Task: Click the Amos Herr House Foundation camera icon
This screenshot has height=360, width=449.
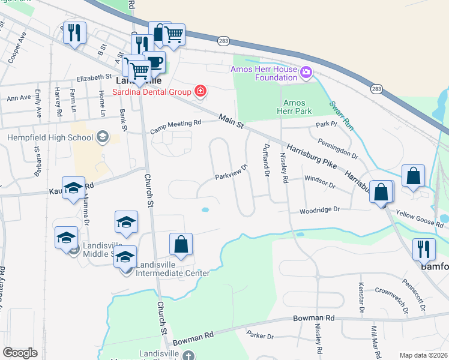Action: (x=306, y=73)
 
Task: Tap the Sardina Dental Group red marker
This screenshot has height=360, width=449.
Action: (x=200, y=92)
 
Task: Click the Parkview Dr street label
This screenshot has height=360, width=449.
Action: (x=232, y=173)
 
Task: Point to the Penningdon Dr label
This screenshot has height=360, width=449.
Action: (x=338, y=150)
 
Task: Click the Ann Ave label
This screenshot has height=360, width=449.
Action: (x=19, y=97)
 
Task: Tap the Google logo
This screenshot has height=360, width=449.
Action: (x=20, y=352)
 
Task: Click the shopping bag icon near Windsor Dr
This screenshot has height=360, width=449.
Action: (x=414, y=176)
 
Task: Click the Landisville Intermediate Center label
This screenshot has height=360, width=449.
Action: (x=172, y=269)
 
